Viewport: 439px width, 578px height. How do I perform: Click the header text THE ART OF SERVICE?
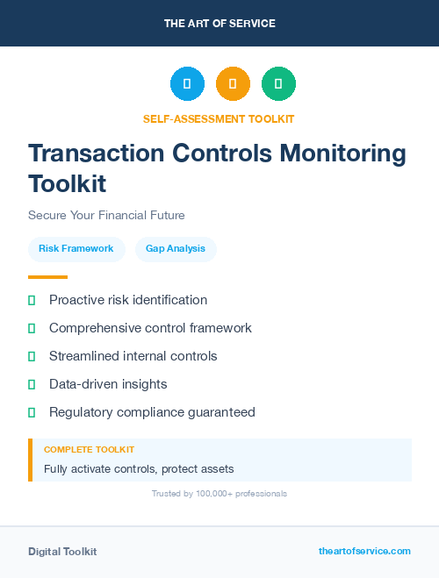pyautogui.click(x=219, y=24)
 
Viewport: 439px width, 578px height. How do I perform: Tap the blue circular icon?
pyautogui.click(x=187, y=84)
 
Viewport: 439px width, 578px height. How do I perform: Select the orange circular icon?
pyautogui.click(x=233, y=84)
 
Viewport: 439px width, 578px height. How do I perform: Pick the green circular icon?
pyautogui.click(x=278, y=84)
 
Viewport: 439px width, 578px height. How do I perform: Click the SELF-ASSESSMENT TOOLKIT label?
pyautogui.click(x=219, y=118)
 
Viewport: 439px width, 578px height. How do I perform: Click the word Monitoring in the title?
pyautogui.click(x=342, y=153)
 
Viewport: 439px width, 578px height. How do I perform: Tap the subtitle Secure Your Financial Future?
pyautogui.click(x=106, y=215)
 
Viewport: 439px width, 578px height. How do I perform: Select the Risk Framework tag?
pyautogui.click(x=76, y=249)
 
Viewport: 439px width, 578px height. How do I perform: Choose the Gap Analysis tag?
pyautogui.click(x=176, y=249)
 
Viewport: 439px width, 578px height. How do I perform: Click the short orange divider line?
pyautogui.click(x=47, y=277)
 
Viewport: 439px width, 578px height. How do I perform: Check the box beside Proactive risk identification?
pyautogui.click(x=32, y=300)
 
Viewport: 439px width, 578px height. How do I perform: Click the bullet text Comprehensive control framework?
pyautogui.click(x=150, y=328)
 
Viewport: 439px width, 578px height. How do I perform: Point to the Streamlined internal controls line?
pyautogui.click(x=133, y=356)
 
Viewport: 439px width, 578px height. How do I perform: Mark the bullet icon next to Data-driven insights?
pyautogui.click(x=32, y=384)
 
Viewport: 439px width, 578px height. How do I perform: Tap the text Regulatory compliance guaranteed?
pyautogui.click(x=152, y=412)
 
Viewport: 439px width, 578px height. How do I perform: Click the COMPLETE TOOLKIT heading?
pyautogui.click(x=89, y=450)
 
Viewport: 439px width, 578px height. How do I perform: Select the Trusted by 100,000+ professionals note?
pyautogui.click(x=219, y=494)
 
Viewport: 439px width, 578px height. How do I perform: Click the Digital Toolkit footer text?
pyautogui.click(x=62, y=552)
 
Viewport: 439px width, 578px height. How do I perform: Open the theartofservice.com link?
pyautogui.click(x=364, y=551)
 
